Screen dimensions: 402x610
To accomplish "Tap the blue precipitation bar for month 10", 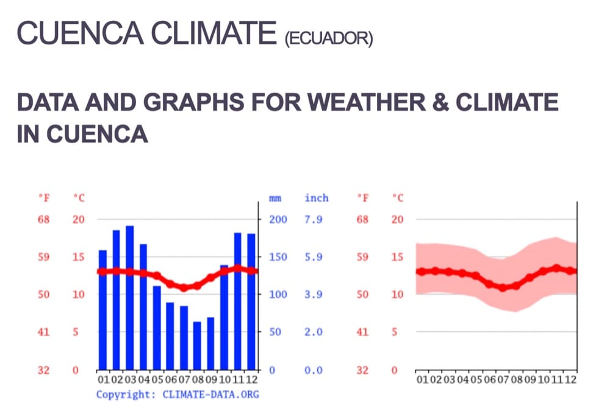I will click(224, 317).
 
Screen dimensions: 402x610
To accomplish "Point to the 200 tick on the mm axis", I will click(278, 219).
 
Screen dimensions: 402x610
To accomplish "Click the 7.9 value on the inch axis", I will click(313, 219).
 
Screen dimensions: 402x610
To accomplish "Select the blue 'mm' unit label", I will click(275, 198).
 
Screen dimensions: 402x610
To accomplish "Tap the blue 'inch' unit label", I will click(316, 198).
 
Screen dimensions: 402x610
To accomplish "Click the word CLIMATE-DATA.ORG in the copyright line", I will click(210, 394).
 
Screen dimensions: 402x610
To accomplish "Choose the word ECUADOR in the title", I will click(328, 39).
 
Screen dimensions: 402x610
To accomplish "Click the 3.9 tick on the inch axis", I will click(313, 295).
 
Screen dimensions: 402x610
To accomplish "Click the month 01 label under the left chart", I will click(102, 379).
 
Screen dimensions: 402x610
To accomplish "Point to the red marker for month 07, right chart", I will click(503, 287).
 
